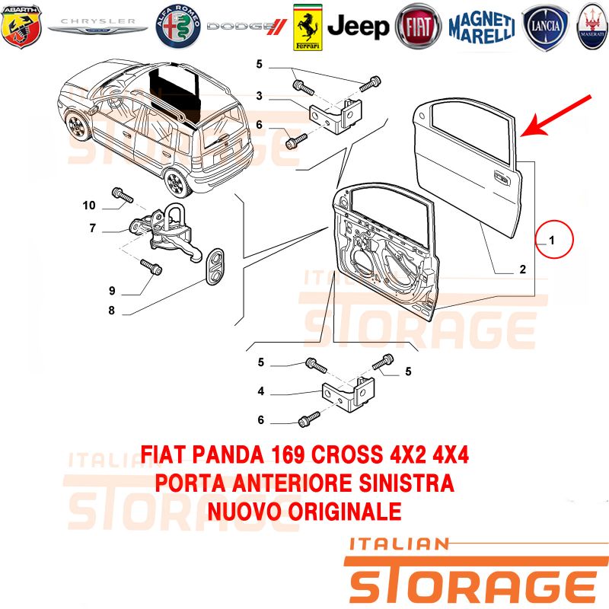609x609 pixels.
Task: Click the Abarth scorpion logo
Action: (x=21, y=27)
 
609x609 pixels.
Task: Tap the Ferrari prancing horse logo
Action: (x=308, y=27)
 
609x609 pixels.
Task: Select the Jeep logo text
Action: (x=358, y=27)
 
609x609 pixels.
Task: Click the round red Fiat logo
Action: (x=418, y=27)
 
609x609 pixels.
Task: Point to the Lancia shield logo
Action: (x=545, y=27)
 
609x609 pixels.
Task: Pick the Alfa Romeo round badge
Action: (x=178, y=27)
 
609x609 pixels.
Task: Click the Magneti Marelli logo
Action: (x=482, y=27)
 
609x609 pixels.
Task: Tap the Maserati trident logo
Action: (x=592, y=27)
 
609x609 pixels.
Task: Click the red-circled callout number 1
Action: (x=551, y=241)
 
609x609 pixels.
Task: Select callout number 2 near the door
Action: (x=523, y=269)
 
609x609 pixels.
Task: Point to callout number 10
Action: (x=89, y=205)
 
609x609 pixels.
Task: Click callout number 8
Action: (x=111, y=311)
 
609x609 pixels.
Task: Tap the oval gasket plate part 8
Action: (x=215, y=266)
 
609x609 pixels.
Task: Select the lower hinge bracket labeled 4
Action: (x=349, y=394)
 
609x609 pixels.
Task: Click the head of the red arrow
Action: (x=532, y=128)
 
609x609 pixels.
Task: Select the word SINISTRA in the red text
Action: (x=407, y=483)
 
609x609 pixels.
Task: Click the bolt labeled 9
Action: (x=151, y=267)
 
